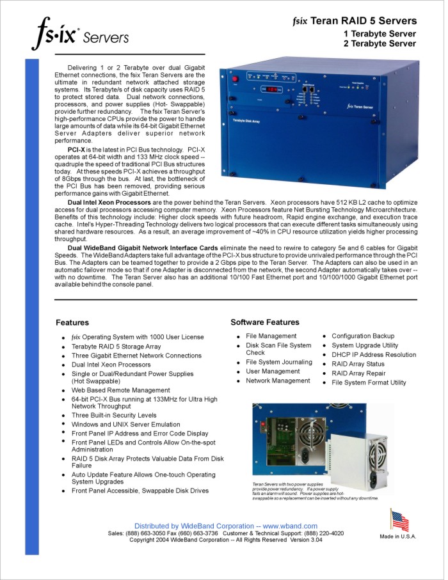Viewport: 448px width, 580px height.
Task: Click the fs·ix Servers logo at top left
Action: click(79, 33)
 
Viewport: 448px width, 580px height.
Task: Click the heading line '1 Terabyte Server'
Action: click(380, 34)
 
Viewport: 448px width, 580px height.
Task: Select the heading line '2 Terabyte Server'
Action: click(380, 44)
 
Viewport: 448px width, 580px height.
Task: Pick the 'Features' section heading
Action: click(72, 323)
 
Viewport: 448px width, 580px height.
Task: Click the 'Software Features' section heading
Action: click(264, 322)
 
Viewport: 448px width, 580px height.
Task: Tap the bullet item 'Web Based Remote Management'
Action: click(120, 390)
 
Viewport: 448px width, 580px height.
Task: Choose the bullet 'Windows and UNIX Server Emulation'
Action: click(125, 424)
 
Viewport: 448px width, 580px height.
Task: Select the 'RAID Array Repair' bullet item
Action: click(358, 373)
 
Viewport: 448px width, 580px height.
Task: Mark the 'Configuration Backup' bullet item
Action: click(363, 336)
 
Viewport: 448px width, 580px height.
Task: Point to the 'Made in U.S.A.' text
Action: click(397, 537)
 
